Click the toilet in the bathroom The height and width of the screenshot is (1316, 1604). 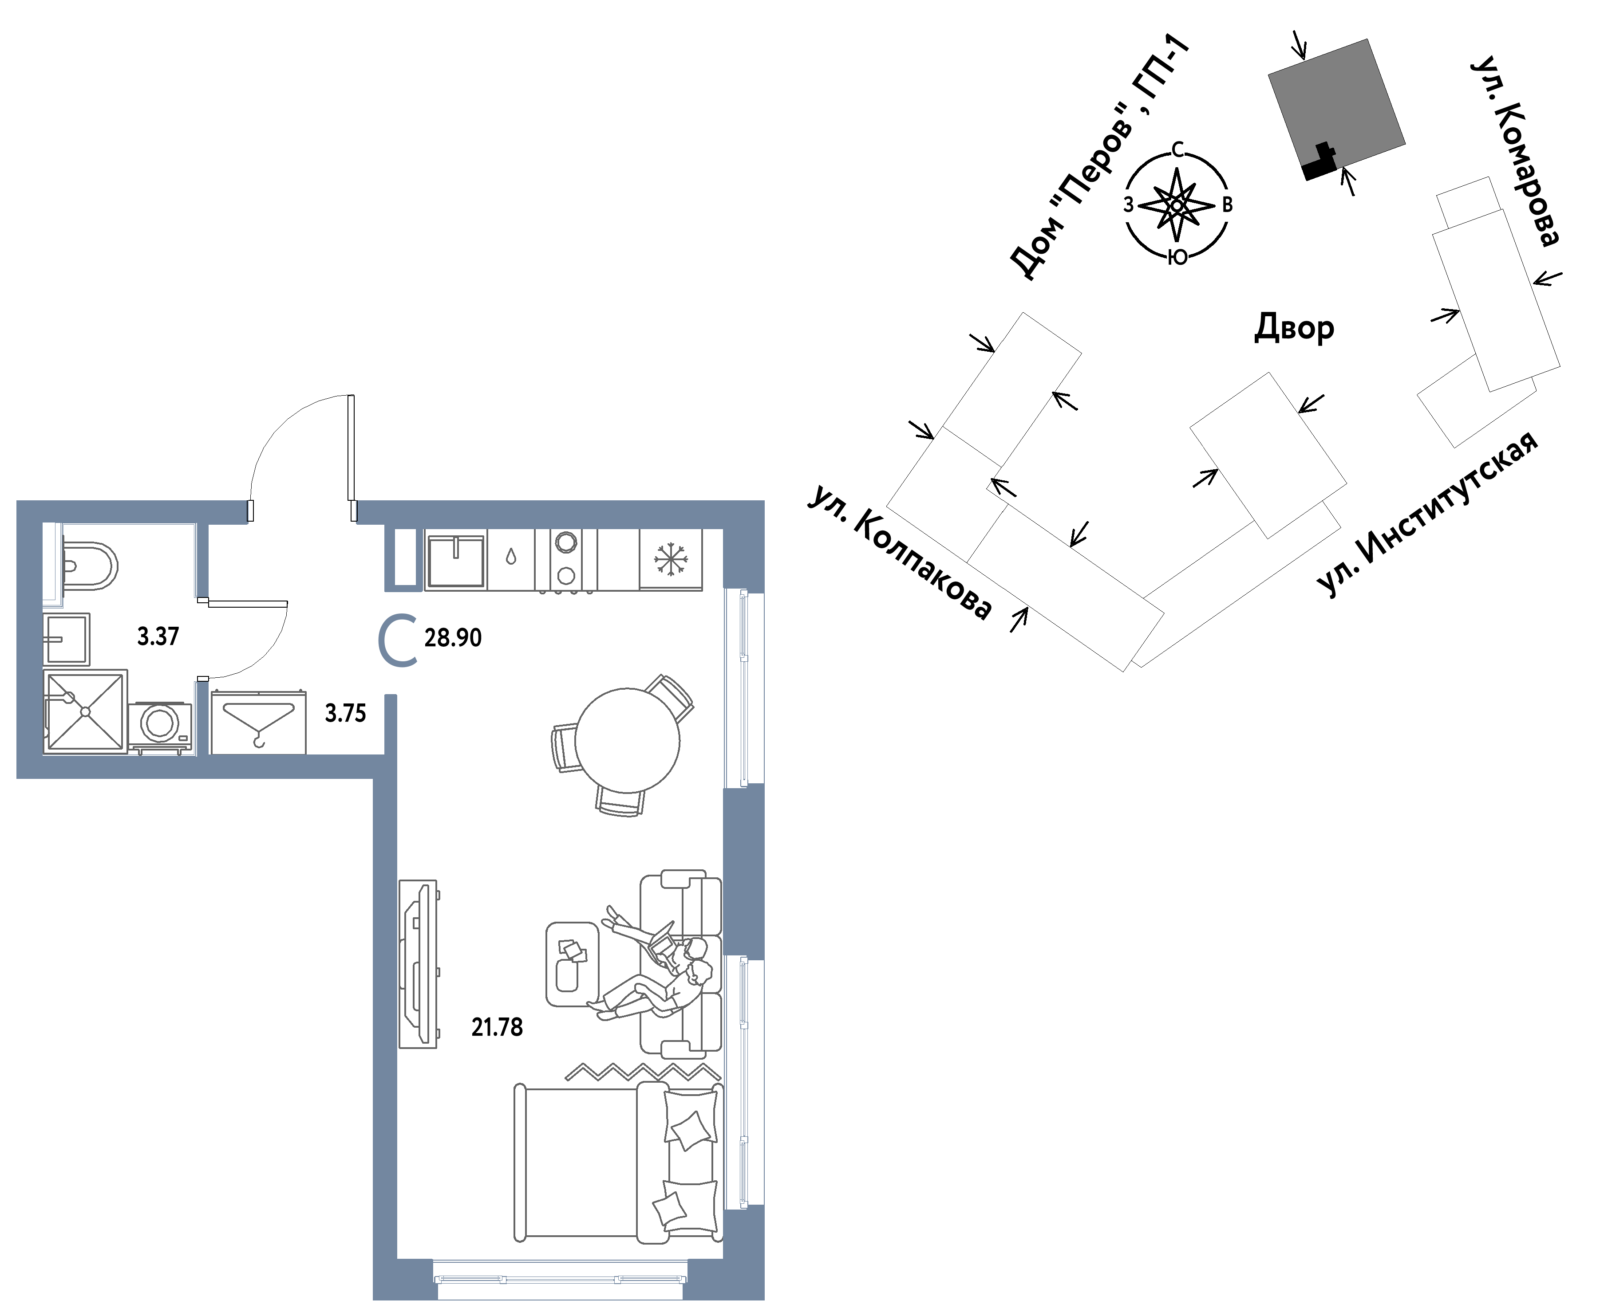(90, 566)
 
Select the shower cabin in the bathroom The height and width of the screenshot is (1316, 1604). (85, 712)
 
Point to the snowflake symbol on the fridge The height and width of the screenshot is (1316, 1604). (671, 559)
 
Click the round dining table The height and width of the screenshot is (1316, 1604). (627, 740)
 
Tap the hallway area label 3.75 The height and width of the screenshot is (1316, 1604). (345, 713)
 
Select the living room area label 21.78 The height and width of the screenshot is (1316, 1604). (497, 1027)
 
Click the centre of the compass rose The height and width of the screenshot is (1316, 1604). (1176, 204)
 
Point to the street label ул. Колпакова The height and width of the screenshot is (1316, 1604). (900, 551)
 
